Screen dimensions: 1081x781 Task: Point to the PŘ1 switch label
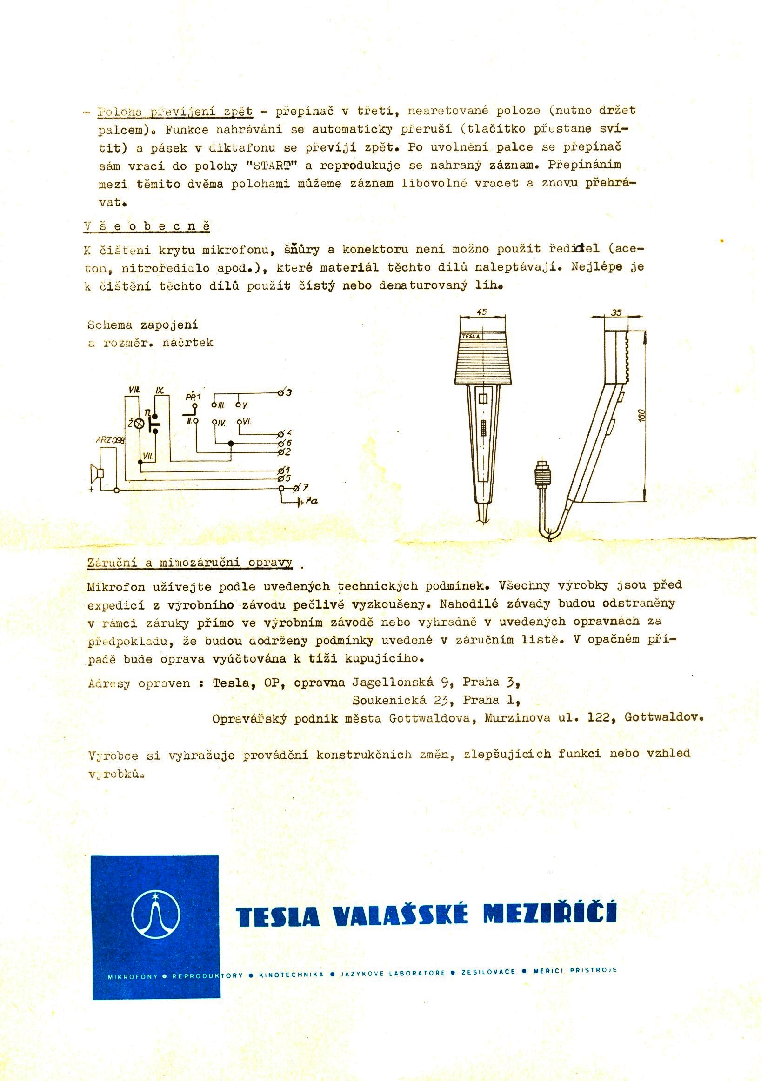[x=193, y=397]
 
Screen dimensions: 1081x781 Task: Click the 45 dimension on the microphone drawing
[x=482, y=312]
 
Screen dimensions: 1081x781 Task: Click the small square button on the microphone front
[x=483, y=398]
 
